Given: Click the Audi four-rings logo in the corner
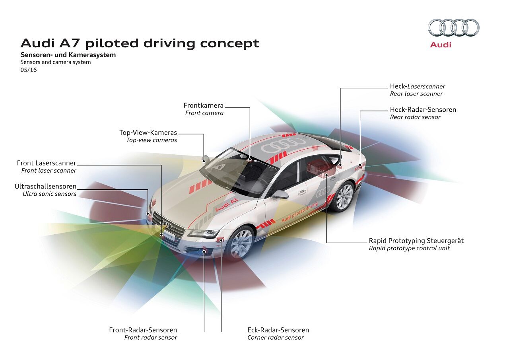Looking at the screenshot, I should click(454, 28).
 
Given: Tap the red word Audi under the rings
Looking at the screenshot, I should click(441, 45).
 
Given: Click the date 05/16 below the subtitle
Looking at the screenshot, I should click(29, 70).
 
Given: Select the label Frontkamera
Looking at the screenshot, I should click(203, 105).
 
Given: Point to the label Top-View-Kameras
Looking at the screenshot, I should click(148, 132).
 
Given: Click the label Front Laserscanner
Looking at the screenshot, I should click(47, 163).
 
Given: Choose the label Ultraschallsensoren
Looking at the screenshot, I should click(45, 186).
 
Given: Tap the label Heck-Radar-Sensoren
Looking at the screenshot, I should click(423, 109).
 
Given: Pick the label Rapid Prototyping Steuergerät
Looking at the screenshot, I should click(416, 241).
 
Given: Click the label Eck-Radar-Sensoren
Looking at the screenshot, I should click(278, 330).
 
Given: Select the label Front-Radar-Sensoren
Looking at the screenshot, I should click(143, 330).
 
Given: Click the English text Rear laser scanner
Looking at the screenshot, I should click(416, 94).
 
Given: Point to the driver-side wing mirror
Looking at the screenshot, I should click(280, 195).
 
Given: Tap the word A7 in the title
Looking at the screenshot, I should click(72, 43).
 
